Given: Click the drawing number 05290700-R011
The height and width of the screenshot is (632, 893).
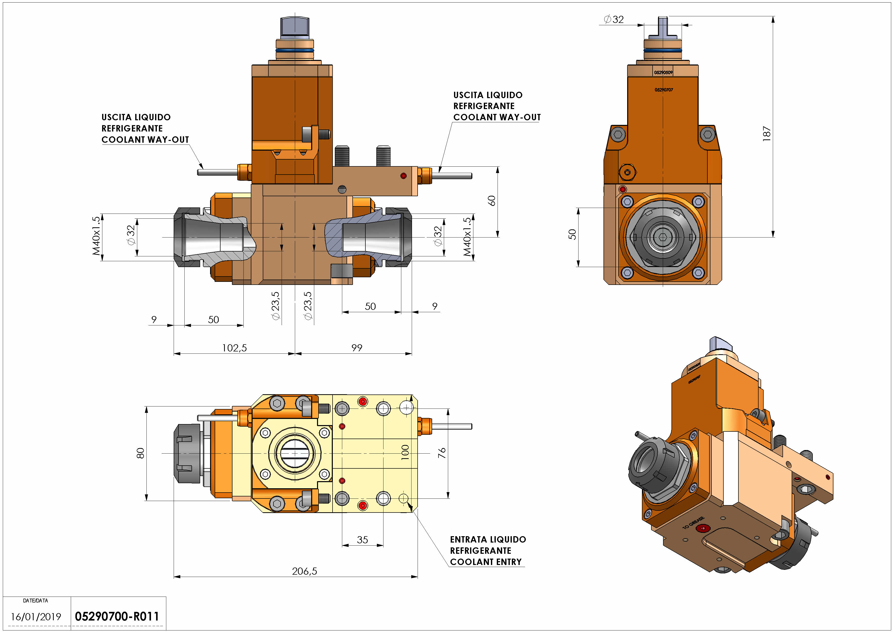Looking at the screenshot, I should coord(117,616).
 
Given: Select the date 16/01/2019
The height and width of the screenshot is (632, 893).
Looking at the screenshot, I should coord(36,617).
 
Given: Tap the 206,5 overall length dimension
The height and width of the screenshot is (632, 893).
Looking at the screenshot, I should coord(305,571).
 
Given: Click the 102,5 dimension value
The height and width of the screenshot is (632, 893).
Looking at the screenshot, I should coord(234,348).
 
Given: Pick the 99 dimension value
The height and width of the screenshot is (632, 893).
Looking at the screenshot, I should coord(357,348).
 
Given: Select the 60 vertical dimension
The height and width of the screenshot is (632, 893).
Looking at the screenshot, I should coord(492,201).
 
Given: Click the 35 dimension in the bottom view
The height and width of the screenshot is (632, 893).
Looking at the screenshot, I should coord(362,540).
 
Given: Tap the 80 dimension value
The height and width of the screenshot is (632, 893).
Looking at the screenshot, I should coord(140,453).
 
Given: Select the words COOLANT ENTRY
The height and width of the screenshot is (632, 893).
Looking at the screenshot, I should coord(486,562).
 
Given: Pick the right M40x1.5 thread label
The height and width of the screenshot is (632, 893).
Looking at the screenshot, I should coord(467,236).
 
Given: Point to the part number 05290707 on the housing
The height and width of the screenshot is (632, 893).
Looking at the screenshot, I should coord(664,90).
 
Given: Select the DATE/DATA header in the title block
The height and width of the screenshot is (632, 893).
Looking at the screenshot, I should coord(35,600).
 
